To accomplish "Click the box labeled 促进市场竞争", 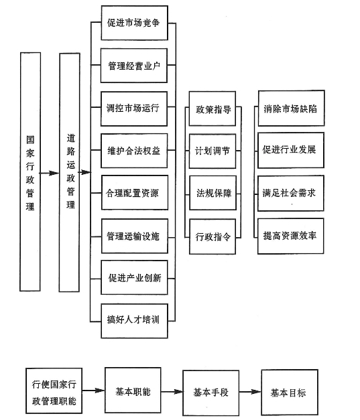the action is point(135,23).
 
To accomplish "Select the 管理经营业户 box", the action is point(134,66).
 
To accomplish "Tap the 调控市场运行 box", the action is point(134,109).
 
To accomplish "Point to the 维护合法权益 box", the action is point(134,151).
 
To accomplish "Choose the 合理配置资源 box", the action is point(135,193).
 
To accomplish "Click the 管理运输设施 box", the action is point(135,236).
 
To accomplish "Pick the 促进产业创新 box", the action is point(134,277).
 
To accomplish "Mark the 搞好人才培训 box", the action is point(135,321).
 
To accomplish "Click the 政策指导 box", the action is point(213,109).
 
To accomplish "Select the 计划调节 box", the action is point(213,151).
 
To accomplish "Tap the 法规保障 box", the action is point(213,193).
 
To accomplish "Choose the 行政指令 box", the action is point(213,236).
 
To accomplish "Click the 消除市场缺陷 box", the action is point(292,109).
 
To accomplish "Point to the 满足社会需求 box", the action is point(291,193).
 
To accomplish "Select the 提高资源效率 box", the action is point(291,236).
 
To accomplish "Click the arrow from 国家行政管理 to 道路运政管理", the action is point(50,173).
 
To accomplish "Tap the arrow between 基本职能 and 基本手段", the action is point(172,392).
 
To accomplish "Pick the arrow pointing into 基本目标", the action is point(250,392).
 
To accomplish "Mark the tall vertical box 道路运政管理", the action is point(70,172).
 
